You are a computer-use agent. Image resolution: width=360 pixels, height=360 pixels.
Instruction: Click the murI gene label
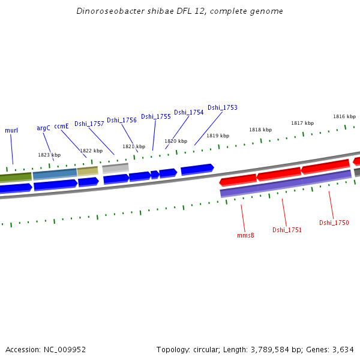tap(11, 130)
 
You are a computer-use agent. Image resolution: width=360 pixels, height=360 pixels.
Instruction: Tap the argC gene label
tap(43, 128)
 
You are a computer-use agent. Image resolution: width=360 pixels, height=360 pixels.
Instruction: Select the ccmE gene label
tap(61, 126)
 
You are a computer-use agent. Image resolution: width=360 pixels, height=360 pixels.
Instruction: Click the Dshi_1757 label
tap(89, 124)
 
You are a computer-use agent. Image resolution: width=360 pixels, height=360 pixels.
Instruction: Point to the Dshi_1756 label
tap(122, 120)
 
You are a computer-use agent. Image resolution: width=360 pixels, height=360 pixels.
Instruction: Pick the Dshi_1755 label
tap(156, 116)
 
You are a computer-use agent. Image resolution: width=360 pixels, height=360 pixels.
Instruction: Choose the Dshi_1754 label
tap(189, 112)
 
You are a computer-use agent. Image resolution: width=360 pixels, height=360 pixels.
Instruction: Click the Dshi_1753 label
tap(223, 108)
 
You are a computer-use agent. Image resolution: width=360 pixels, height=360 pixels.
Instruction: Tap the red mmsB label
tap(245, 235)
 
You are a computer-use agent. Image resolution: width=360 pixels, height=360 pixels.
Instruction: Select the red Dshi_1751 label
tap(287, 230)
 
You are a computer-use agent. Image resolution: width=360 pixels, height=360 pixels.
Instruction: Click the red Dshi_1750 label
tap(334, 223)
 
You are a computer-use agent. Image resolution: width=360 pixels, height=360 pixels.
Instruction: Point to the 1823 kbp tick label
tap(49, 155)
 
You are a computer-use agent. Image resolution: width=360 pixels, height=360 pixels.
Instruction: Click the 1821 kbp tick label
tap(134, 146)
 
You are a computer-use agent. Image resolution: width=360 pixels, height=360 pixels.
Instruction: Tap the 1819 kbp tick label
tap(218, 136)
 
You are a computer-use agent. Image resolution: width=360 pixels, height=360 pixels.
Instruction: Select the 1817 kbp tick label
tap(302, 123)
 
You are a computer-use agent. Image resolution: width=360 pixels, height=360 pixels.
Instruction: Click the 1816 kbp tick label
tap(344, 116)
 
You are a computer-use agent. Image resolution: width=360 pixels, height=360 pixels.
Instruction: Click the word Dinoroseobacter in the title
tap(106, 11)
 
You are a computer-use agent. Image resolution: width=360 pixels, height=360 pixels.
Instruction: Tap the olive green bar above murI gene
tap(16, 177)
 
